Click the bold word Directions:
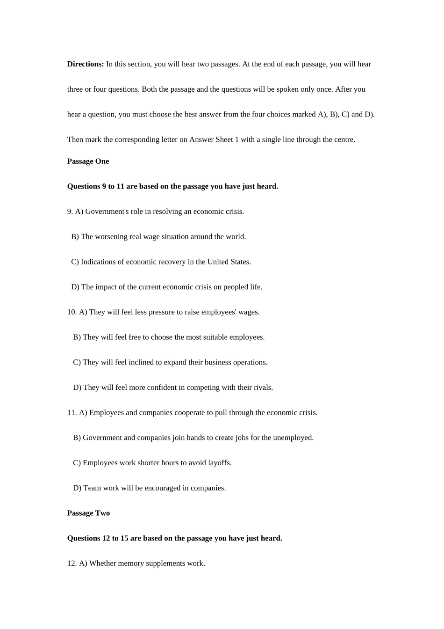click(x=86, y=64)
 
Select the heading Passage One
click(x=88, y=161)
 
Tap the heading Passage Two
click(x=88, y=513)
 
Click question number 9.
click(x=70, y=212)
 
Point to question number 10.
click(x=72, y=312)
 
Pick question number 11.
click(x=72, y=413)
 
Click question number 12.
click(x=72, y=563)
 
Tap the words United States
click(x=229, y=262)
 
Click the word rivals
click(x=263, y=388)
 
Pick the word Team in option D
click(x=92, y=488)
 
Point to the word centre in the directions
click(x=343, y=139)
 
